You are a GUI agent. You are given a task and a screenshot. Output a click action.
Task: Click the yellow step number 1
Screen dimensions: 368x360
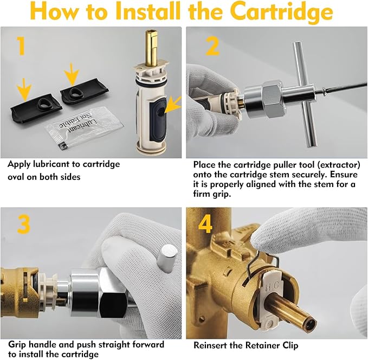(22, 46)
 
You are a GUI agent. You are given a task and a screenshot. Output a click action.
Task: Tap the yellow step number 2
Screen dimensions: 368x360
(212, 46)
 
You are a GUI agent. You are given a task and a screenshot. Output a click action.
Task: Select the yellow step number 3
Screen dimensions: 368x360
(24, 224)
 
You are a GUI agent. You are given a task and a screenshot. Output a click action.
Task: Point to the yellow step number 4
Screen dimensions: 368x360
(205, 224)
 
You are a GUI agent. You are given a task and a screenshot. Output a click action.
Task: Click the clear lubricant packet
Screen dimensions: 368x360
(85, 127)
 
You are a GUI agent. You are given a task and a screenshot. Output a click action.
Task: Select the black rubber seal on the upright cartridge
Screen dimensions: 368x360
(158, 119)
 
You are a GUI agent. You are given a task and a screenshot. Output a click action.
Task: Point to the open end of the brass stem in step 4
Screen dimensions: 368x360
(309, 322)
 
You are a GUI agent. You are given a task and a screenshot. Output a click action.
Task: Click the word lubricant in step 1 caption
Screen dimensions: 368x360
(53, 164)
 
